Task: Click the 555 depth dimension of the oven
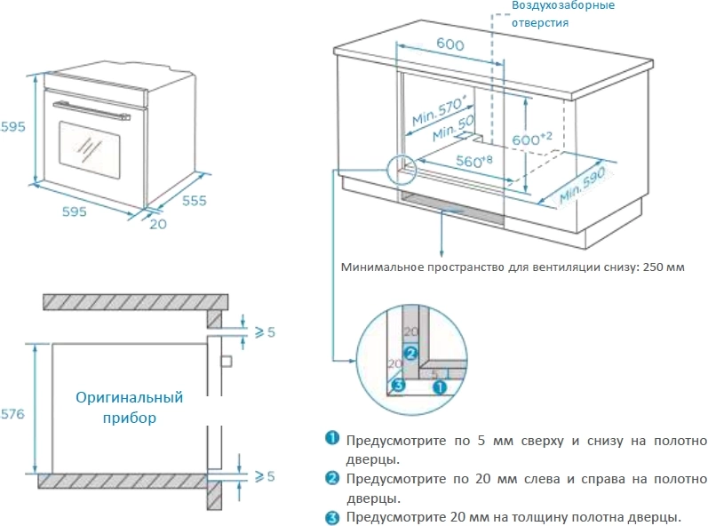194,201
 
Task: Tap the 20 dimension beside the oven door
157,224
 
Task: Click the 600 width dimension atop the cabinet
451,44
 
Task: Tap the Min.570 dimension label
438,112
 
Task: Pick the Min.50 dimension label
453,130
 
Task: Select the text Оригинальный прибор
129,407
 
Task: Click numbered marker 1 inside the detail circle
438,387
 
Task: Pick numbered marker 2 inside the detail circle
410,353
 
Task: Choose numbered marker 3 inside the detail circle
399,386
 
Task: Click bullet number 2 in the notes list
332,478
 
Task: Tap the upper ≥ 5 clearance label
266,332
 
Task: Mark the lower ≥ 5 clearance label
266,476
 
